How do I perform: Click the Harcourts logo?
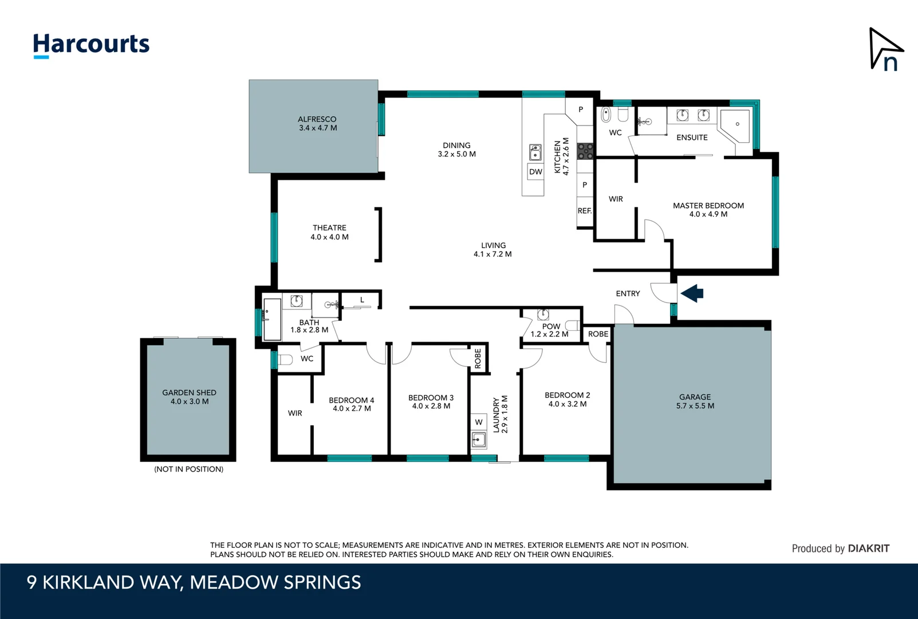point(91,45)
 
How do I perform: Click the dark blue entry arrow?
point(692,293)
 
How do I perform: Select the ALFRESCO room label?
point(317,119)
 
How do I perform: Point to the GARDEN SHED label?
point(189,393)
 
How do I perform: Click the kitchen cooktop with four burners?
point(585,151)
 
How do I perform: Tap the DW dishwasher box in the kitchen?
point(535,172)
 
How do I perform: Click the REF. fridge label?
point(584,211)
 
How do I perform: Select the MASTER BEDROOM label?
point(708,206)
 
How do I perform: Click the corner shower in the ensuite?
point(736,125)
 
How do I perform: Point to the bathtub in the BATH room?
point(271,320)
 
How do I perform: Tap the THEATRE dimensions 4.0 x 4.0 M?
point(329,237)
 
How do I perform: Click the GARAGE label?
point(695,397)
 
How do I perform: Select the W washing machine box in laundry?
point(478,422)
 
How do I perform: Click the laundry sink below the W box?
point(478,440)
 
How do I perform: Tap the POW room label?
point(551,326)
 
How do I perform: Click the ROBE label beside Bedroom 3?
point(478,359)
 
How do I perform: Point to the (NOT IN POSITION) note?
point(188,469)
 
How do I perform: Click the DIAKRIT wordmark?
point(868,549)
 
